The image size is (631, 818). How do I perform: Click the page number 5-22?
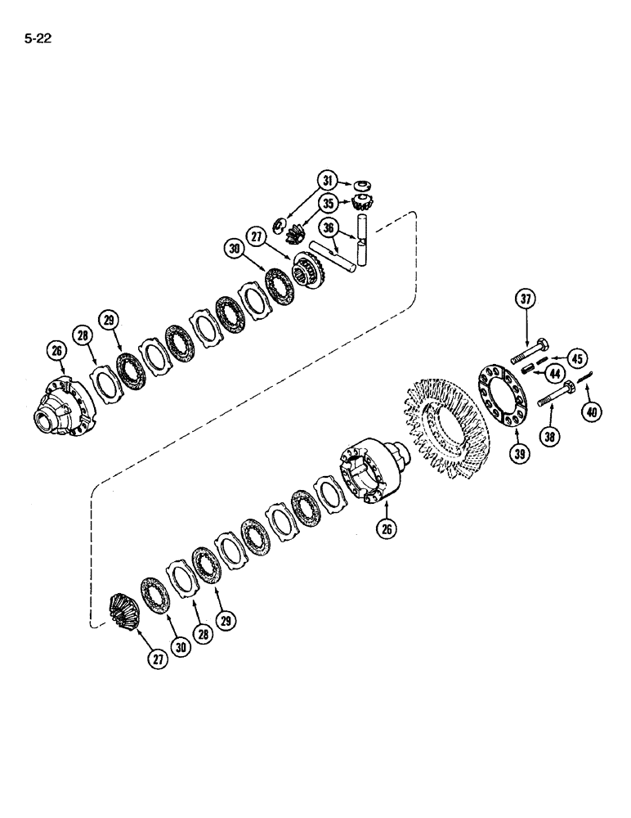click(38, 38)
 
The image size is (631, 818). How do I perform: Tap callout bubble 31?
click(328, 182)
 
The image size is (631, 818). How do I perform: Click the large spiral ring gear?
click(442, 426)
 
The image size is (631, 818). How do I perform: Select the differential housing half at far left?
click(68, 406)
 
